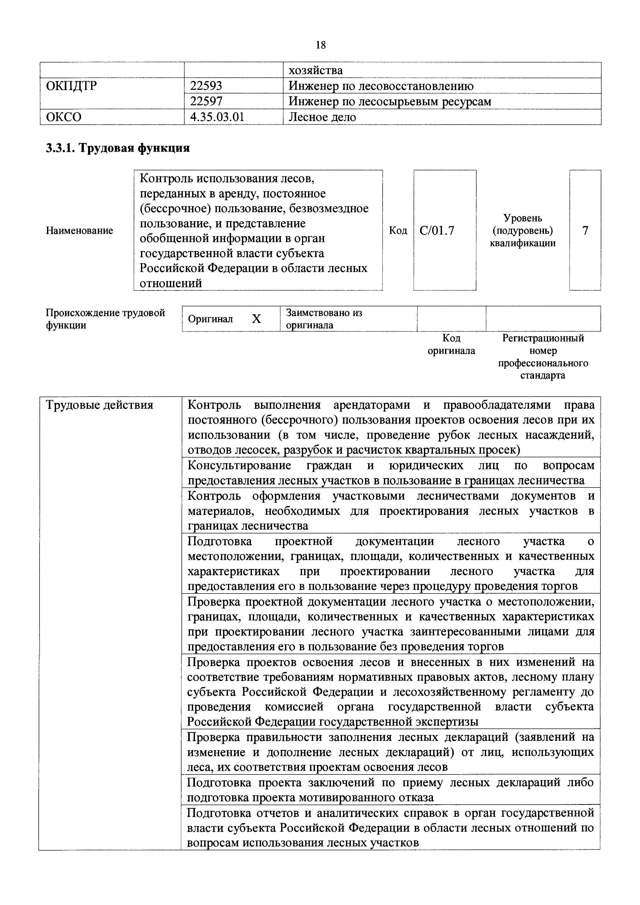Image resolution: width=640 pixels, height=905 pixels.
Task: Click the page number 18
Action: pyautogui.click(x=321, y=45)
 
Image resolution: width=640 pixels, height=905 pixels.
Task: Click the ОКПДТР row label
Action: pyautogui.click(x=71, y=86)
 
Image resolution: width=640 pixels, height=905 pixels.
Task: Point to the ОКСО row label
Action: pyautogui.click(x=64, y=117)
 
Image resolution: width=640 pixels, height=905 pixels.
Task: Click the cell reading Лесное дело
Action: pyautogui.click(x=322, y=117)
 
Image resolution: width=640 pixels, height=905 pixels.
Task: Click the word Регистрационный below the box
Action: pyautogui.click(x=543, y=338)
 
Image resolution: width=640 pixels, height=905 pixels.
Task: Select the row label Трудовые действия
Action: pyautogui.click(x=99, y=405)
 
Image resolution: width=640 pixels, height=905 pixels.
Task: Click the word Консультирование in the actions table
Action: pyautogui.click(x=239, y=466)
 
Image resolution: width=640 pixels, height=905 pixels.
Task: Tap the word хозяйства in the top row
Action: pyautogui.click(x=316, y=70)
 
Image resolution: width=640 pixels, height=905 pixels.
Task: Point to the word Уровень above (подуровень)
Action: pyautogui.click(x=523, y=218)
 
